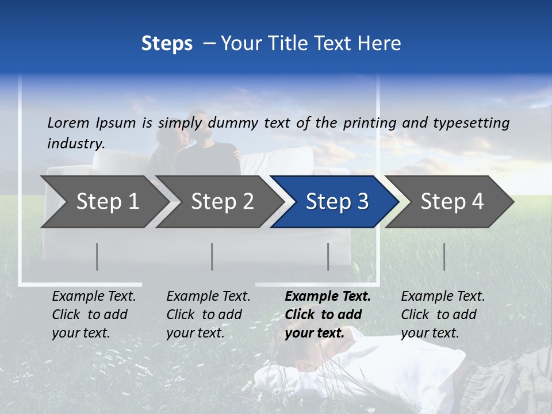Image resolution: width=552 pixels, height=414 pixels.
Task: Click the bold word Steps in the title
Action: pyautogui.click(x=167, y=44)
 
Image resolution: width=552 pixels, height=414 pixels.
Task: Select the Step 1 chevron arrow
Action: pyautogui.click(x=103, y=202)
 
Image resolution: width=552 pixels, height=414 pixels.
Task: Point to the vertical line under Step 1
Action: pyautogui.click(x=97, y=256)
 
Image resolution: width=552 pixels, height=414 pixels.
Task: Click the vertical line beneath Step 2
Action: pyautogui.click(x=212, y=256)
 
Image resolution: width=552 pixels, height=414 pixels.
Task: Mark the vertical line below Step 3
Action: pyautogui.click(x=328, y=256)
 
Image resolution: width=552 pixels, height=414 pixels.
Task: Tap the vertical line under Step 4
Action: pyautogui.click(x=444, y=256)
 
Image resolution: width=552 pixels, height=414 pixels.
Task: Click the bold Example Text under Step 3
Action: pyautogui.click(x=327, y=315)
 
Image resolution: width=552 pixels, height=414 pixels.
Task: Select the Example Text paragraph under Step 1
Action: pyautogui.click(x=94, y=315)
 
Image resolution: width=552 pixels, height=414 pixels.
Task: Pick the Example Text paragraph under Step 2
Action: pyautogui.click(x=208, y=315)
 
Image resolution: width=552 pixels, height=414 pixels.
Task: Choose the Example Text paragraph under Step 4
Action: pyautogui.click(x=443, y=315)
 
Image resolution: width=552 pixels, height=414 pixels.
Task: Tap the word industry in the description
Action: pyautogui.click(x=75, y=143)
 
